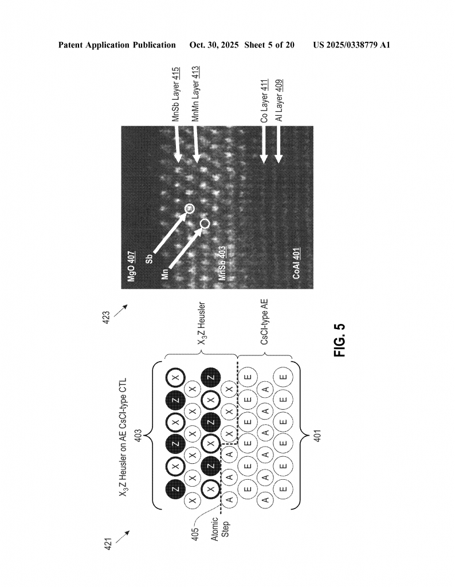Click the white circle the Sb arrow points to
tap(190, 209)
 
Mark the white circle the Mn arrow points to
tap(205, 222)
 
